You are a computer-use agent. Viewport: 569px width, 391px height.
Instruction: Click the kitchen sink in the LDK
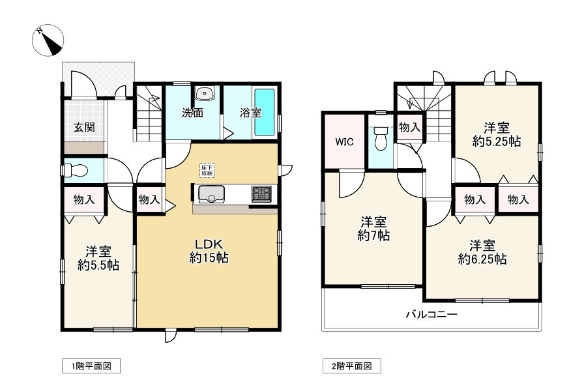[x=211, y=194]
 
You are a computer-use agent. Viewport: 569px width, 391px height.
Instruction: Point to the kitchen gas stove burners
[x=261, y=194]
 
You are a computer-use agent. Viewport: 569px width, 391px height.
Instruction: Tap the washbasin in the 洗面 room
[x=206, y=93]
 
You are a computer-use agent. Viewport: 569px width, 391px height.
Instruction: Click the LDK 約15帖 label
[x=209, y=250]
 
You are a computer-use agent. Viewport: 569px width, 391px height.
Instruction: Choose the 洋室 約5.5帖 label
[x=98, y=258]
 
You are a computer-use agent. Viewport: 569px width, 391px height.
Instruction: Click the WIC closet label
[x=344, y=142]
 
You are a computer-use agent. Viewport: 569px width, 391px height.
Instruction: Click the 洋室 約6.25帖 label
[x=482, y=252]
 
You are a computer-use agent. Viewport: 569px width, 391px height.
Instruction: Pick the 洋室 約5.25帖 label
[x=497, y=134]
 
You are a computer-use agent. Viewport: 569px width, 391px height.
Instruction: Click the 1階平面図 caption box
[x=91, y=366]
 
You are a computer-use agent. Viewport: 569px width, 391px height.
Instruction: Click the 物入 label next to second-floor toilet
[x=409, y=128]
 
